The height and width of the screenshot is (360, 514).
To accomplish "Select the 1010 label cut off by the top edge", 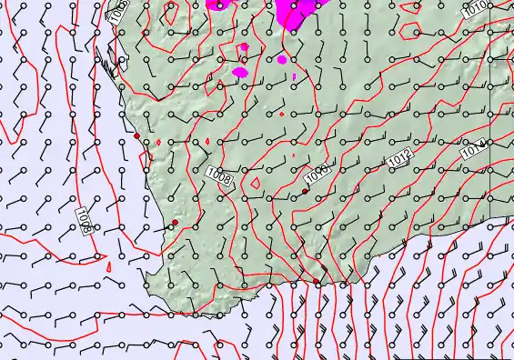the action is (x=473, y=10).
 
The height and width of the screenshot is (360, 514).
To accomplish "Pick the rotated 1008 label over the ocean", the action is (x=83, y=218).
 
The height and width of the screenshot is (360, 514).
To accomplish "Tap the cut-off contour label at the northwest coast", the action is (x=119, y=12).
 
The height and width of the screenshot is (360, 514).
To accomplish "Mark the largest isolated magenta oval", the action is (x=240, y=71).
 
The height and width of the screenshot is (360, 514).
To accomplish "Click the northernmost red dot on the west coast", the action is (x=136, y=135).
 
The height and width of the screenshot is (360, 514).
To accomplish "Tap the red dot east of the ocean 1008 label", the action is (x=175, y=223).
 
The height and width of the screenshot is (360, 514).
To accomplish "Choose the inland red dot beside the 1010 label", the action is (x=305, y=193).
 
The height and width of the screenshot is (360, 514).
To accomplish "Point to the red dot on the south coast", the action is (x=317, y=283).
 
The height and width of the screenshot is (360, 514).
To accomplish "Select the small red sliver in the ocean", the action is (x=108, y=266).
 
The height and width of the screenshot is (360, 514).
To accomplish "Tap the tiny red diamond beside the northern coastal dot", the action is (x=158, y=142).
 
